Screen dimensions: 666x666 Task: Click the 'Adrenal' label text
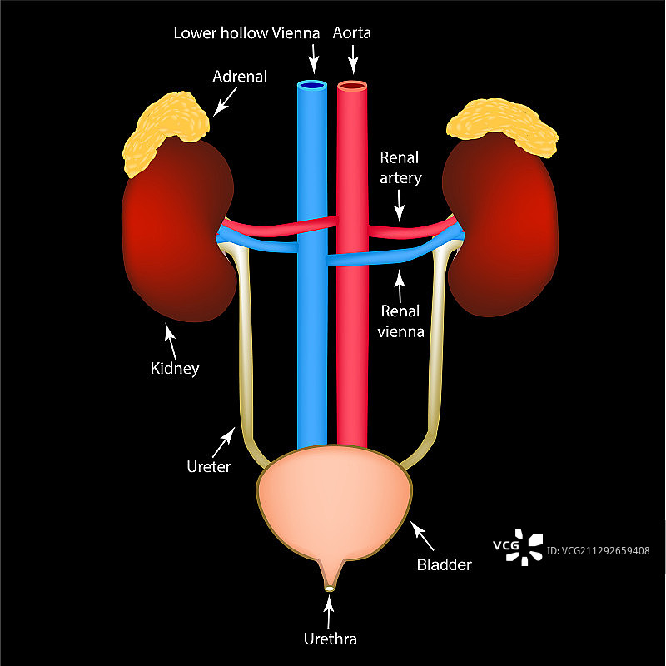click(240, 77)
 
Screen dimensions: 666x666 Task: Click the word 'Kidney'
click(176, 367)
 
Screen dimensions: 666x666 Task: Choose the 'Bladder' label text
click(444, 565)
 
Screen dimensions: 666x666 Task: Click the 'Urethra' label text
click(330, 639)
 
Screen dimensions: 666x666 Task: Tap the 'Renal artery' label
click(400, 166)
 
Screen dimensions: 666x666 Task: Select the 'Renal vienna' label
click(401, 321)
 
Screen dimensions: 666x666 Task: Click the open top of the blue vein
click(313, 85)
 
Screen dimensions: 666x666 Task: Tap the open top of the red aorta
click(353, 85)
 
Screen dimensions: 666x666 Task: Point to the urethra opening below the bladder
click(330, 589)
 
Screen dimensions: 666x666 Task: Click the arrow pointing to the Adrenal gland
click(223, 102)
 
